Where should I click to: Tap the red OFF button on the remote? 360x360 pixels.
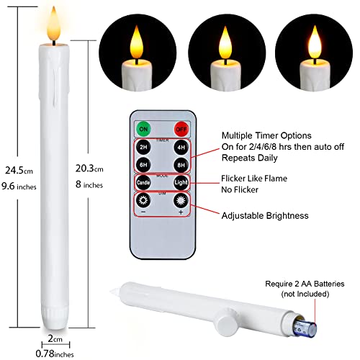[181, 130]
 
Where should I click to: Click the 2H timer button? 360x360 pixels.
[143, 147]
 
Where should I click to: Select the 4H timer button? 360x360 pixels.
[181, 147]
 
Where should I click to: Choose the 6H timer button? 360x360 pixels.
[143, 165]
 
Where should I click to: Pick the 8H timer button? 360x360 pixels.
[181, 165]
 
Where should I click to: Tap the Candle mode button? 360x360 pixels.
[143, 183]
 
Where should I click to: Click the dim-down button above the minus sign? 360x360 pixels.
[143, 200]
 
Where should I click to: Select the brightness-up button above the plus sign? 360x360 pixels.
[181, 200]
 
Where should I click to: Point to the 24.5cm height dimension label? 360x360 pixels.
[19, 171]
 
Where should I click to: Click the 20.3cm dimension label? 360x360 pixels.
[89, 168]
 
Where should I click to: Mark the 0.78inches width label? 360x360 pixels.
[55, 354]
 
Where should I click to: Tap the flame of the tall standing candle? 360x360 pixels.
[54, 24]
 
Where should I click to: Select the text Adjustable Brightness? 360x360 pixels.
[265, 215]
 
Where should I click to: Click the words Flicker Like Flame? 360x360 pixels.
[254, 179]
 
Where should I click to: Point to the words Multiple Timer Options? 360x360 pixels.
[266, 135]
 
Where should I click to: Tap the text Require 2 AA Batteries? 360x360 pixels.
[305, 284]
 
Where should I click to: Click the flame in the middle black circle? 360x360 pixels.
[225, 43]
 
